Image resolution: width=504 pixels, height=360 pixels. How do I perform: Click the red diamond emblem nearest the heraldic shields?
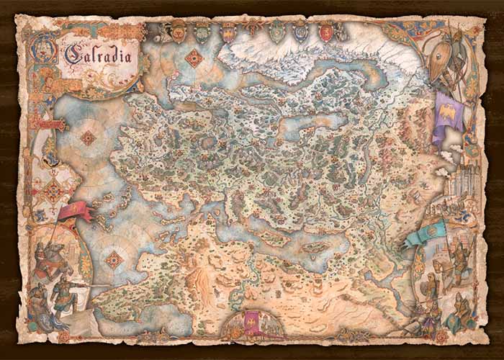pos(194,58)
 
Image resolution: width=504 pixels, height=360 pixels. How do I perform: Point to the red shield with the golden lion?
pos(326,32)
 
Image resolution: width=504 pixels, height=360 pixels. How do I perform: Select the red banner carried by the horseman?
pos(75,210)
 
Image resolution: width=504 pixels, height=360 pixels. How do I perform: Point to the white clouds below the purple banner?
pos(444,154)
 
